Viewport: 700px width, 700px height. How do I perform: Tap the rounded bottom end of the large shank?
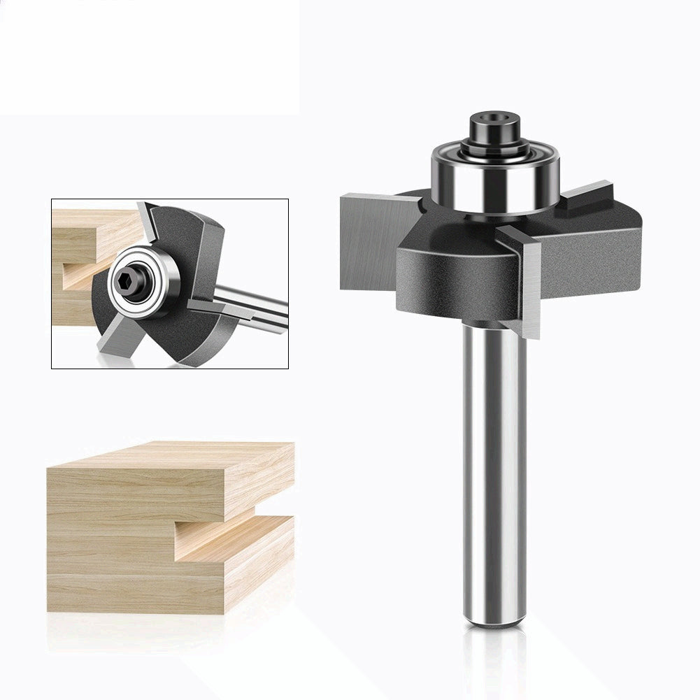click(x=494, y=619)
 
